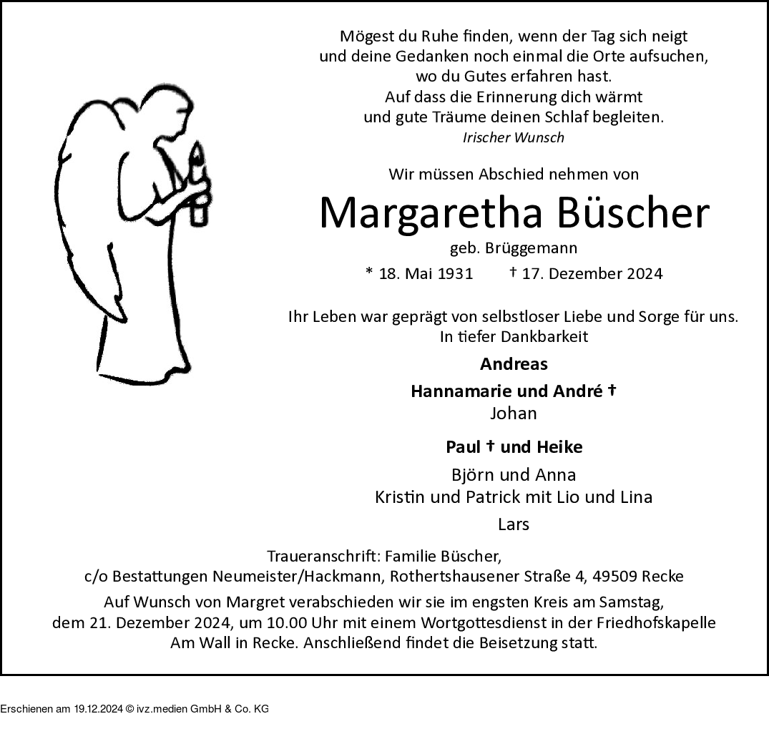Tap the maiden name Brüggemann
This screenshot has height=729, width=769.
coord(531,248)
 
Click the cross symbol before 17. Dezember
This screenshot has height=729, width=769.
coord(513,272)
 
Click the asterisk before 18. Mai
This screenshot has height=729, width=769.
coord(369,273)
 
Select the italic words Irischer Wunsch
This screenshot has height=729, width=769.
coord(514,137)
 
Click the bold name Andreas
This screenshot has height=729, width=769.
coord(514,364)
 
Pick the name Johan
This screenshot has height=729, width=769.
coord(514,414)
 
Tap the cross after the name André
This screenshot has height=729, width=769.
coord(612,391)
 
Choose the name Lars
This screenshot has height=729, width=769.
coord(514,524)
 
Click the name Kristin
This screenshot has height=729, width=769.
coord(398,497)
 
